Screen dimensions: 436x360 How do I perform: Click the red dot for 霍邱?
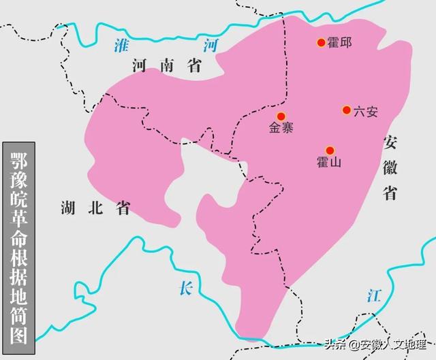coord(321,43)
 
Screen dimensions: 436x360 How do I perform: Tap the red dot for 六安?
coord(347,110)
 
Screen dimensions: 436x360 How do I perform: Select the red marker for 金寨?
coord(281,116)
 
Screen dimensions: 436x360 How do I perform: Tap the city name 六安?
coord(366,112)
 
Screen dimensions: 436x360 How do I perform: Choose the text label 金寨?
coord(281,128)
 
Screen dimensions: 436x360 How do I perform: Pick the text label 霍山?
coord(329,163)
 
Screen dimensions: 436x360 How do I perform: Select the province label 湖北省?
coord(95,207)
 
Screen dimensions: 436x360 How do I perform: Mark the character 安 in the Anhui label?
coord(390,144)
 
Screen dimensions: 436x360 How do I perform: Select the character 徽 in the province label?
coord(390,168)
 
